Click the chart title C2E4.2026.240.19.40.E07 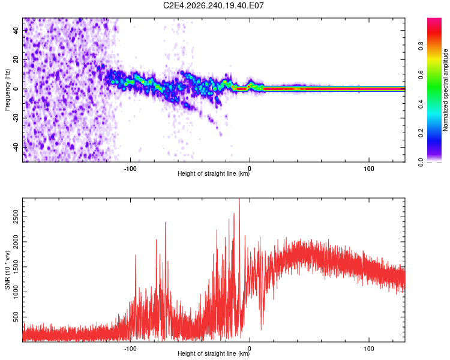pyautogui.click(x=213, y=5)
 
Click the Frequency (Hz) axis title pyautogui.click(x=7, y=90)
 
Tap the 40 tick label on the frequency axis pyautogui.click(x=16, y=30)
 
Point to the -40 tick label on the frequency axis pyautogui.click(x=16, y=148)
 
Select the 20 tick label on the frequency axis pyautogui.click(x=16, y=60)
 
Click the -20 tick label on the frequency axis pyautogui.click(x=16, y=119)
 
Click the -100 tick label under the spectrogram pyautogui.click(x=130, y=169)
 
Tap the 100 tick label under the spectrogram pyautogui.click(x=369, y=169)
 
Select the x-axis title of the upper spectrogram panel pyautogui.click(x=214, y=173)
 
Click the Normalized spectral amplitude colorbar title pyautogui.click(x=445, y=90)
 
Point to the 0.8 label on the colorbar pyautogui.click(x=421, y=46)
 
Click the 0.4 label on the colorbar pyautogui.click(x=421, y=104)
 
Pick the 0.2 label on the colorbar pyautogui.click(x=421, y=133)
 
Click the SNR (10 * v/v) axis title pyautogui.click(x=7, y=270)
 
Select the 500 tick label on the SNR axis pyautogui.click(x=16, y=317)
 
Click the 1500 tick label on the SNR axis pyautogui.click(x=16, y=267)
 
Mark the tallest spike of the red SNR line pyautogui.click(x=239, y=199)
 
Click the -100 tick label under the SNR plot pyautogui.click(x=130, y=349)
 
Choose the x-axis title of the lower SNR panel pyautogui.click(x=214, y=353)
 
